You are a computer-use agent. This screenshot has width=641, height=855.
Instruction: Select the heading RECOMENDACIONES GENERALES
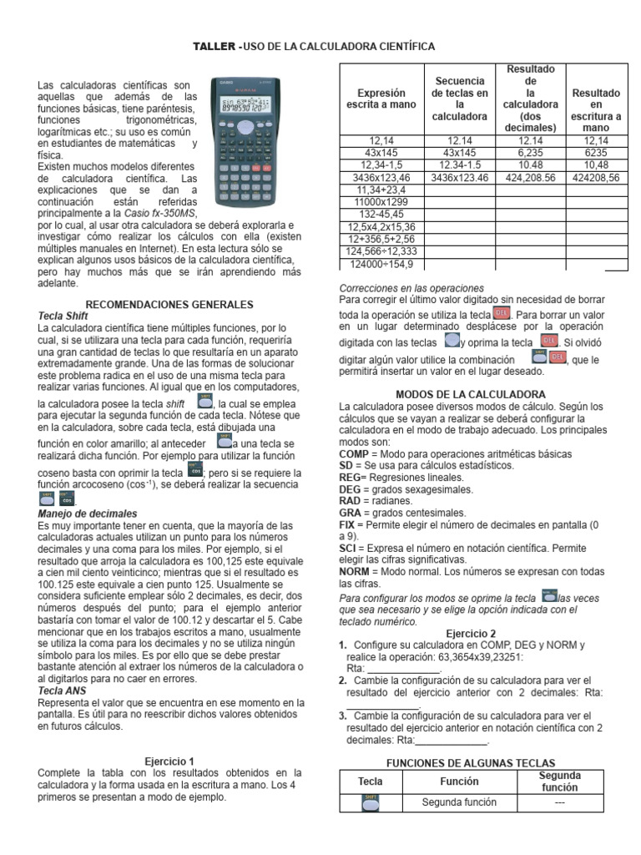point(170,305)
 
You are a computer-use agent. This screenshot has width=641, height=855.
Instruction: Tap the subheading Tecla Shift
point(63,316)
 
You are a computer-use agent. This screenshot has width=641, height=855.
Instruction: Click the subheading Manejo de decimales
point(88,514)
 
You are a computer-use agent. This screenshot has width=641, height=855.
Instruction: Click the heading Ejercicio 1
point(169,761)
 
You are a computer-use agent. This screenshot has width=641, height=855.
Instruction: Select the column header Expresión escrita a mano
point(381,99)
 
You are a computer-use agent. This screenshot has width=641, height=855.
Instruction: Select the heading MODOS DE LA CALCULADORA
point(470,394)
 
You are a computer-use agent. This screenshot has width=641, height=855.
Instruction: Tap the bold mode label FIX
point(347,524)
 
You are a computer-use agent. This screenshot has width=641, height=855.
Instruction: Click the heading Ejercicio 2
point(471,634)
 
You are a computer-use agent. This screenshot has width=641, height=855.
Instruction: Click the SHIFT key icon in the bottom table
point(371,802)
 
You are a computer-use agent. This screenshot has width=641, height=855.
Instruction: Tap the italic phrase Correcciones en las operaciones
point(411,287)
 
